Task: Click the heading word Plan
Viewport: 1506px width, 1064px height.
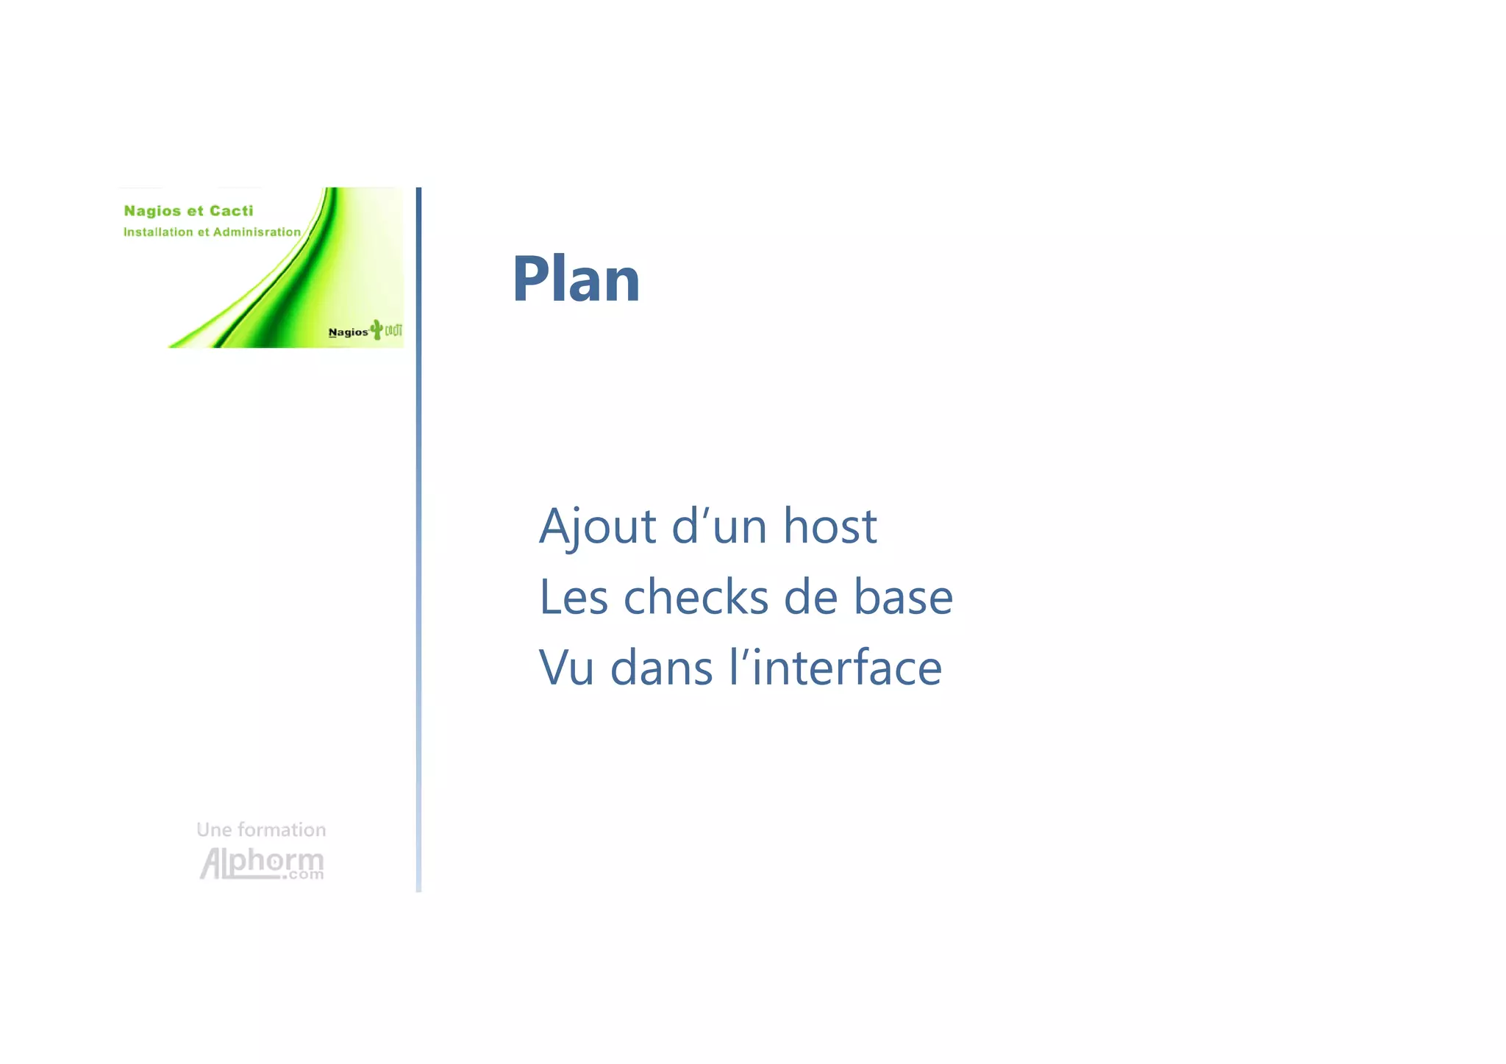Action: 576,279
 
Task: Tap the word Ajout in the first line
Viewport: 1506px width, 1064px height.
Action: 597,526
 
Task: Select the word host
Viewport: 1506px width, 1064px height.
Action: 829,526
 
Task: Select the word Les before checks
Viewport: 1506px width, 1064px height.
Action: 574,596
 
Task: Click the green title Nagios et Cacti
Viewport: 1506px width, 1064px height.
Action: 188,211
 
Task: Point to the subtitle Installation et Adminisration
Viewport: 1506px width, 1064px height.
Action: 212,232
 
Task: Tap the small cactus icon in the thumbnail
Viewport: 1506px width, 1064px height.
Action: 376,329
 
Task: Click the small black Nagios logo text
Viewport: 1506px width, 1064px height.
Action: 348,332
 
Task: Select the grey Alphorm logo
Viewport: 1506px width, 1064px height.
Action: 262,863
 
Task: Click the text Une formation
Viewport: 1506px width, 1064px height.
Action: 261,830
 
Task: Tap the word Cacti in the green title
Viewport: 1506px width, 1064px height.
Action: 231,211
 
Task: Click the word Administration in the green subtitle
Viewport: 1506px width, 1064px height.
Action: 257,232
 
